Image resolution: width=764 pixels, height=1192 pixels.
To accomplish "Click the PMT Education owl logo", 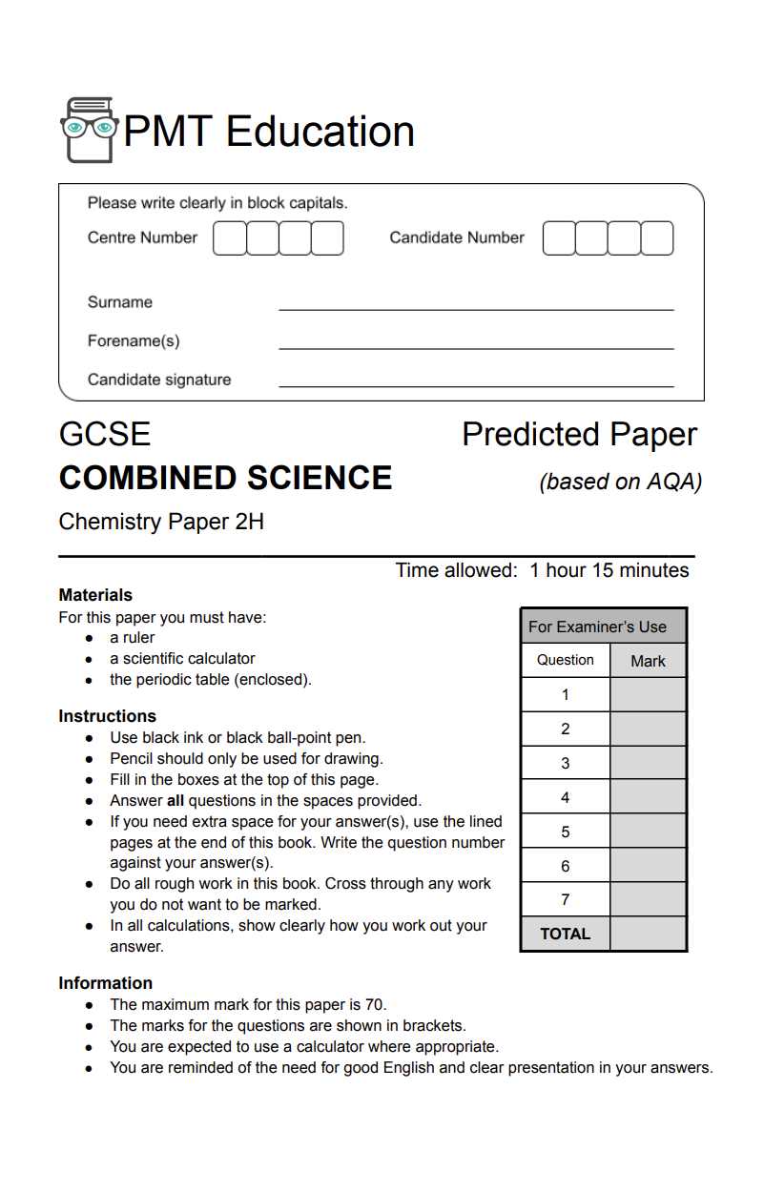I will point(89,129).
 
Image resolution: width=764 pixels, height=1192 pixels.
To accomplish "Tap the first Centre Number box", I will point(229,238).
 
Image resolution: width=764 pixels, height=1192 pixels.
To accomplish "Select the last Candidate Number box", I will point(657,238).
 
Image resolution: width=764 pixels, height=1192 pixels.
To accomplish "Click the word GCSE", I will point(105,435).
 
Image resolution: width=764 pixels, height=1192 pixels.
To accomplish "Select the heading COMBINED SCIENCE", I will point(225,478).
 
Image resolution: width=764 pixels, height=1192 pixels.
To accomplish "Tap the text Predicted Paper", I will point(579,435).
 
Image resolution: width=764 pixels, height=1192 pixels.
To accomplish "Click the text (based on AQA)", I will point(620,482).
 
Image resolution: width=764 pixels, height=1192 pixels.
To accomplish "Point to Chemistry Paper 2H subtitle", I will point(161,522).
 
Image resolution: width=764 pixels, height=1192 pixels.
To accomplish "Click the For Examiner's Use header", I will point(598,627).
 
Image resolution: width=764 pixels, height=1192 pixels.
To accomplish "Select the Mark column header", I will point(648,661).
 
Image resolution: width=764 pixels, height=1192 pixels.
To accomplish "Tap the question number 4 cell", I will point(566,797).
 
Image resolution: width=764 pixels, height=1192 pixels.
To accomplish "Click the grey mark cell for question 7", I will point(648,899).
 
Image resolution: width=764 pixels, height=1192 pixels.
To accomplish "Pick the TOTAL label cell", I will point(566,934).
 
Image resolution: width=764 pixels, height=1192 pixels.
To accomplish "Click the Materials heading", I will point(95,595).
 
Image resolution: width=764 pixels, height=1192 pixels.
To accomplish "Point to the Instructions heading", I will point(107,716).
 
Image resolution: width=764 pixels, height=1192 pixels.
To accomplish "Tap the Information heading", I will point(105,983).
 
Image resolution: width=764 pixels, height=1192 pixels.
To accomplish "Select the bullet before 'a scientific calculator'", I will point(89,659).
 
